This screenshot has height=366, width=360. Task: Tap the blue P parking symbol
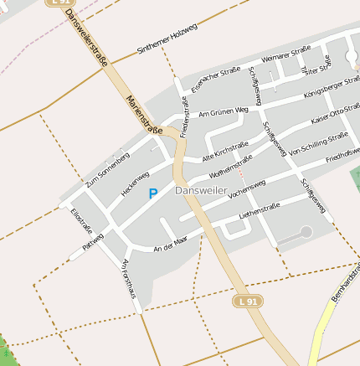pyautogui.click(x=152, y=194)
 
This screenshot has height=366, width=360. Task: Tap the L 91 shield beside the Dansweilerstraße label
pyautogui.click(x=61, y=3)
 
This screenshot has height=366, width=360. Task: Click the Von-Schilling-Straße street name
pyautogui.click(x=319, y=145)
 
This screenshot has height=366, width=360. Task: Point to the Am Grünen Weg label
pyautogui.click(x=224, y=111)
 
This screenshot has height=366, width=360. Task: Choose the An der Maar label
pyautogui.click(x=172, y=245)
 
